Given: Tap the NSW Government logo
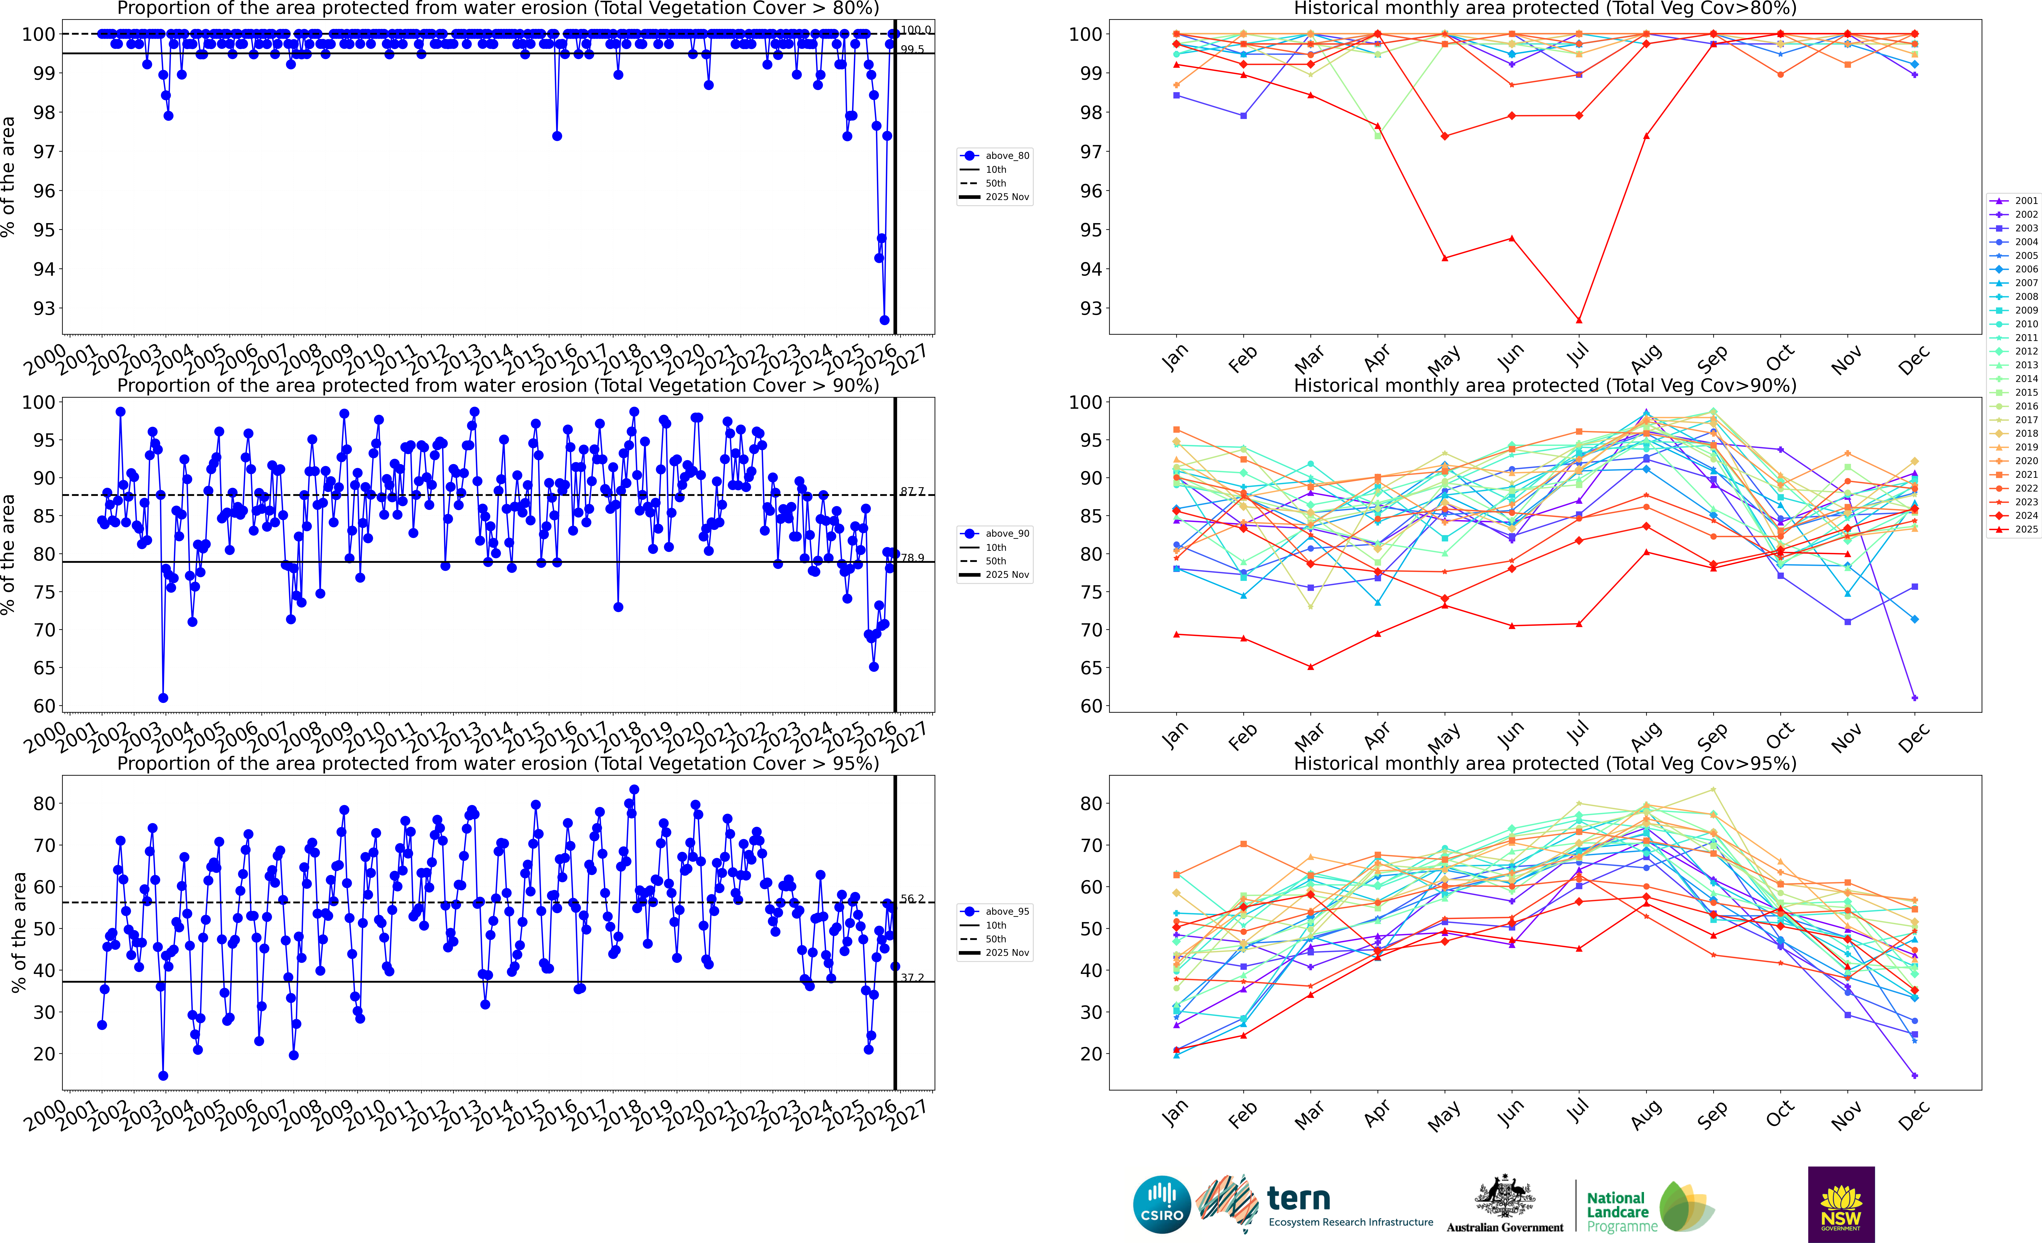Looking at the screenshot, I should (1841, 1204).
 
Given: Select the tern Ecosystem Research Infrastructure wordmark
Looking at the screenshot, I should (1349, 1206).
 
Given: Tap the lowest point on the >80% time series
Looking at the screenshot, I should (884, 320).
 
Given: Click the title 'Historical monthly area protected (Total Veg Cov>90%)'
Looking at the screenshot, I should (1545, 385).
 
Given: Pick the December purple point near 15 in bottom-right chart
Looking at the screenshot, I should (1914, 1076).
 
